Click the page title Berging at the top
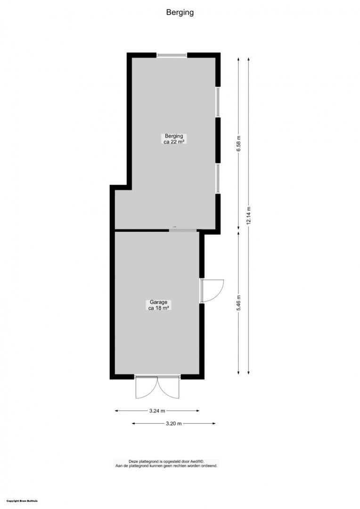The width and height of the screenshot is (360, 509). (180, 13)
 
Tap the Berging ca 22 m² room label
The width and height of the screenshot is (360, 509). (174, 139)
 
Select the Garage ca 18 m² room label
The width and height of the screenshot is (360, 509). (158, 305)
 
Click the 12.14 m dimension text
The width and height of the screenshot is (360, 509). (248, 215)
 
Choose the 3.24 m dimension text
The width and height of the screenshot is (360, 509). (157, 411)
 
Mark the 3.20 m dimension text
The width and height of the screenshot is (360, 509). (174, 423)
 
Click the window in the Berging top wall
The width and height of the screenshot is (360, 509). (172, 55)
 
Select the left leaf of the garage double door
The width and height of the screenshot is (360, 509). (146, 387)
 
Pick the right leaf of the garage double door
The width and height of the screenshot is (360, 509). (168, 387)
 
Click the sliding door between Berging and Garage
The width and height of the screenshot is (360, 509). (183, 230)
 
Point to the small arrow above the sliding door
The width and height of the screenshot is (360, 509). (175, 227)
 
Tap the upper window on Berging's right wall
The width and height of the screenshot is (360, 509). (218, 102)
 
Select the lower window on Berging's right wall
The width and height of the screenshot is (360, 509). (218, 179)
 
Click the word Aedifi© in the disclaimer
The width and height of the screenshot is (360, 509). (196, 461)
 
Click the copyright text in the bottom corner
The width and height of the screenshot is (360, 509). (22, 501)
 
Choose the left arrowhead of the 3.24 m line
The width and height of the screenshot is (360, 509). (117, 411)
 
